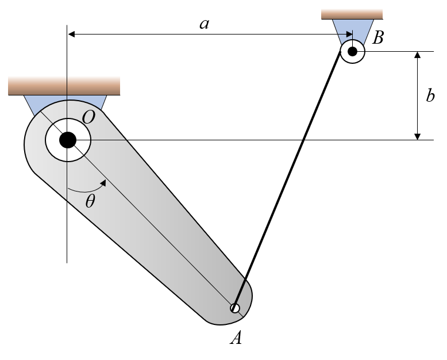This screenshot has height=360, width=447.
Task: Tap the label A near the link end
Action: [236, 338]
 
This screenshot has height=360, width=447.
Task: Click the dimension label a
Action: [204, 24]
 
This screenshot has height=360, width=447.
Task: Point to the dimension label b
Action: [430, 95]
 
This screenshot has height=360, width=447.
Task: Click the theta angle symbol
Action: [91, 201]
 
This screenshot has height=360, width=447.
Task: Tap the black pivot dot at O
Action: [68, 139]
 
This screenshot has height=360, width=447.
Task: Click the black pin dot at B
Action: [352, 52]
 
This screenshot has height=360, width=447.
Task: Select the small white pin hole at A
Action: [235, 308]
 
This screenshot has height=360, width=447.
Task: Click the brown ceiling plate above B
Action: [352, 14]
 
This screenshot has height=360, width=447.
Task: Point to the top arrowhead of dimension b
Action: [418, 55]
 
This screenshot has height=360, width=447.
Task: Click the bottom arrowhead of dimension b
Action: [418, 136]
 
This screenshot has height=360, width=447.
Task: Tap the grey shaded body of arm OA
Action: [172, 242]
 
